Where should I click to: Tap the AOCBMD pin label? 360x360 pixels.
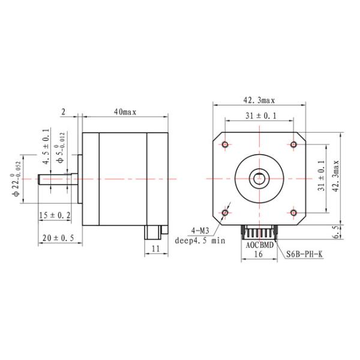click(259, 245)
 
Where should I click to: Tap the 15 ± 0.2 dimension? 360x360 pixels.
click(54, 215)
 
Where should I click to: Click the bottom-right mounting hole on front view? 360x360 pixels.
click(293, 212)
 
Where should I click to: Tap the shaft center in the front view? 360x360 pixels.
click(259, 178)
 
